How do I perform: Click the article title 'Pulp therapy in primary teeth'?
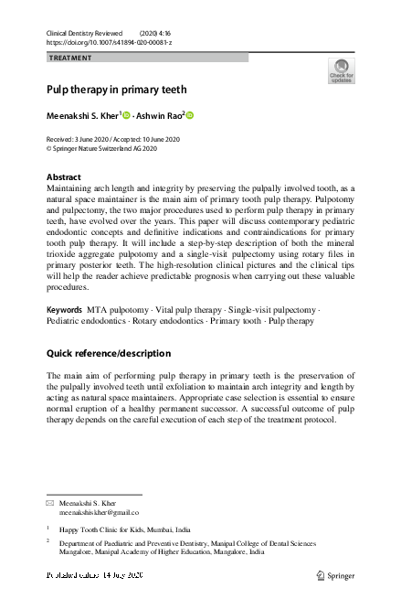tap(116, 91)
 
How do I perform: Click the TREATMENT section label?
tap(69, 58)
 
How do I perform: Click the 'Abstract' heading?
tap(63, 176)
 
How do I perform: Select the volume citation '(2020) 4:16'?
tap(160, 32)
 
